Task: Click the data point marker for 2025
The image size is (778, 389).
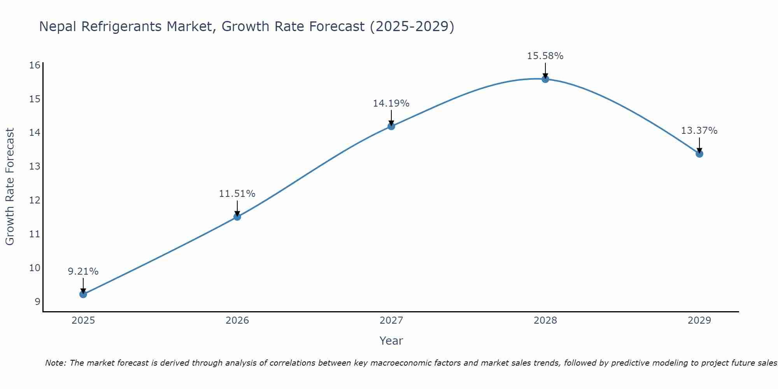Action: coord(83,294)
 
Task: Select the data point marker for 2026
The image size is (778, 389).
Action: coord(237,217)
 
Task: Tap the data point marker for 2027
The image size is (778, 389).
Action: coord(391,126)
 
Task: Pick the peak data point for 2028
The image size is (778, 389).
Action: coord(545,79)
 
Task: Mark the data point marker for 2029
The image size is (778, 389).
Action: coord(699,154)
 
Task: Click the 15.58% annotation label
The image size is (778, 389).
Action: coord(545,56)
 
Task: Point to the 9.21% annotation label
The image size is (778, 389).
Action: coord(83,272)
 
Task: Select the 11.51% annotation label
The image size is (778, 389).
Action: coord(237,194)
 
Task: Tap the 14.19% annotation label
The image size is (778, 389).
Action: coord(391,103)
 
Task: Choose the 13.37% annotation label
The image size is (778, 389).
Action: coord(699,131)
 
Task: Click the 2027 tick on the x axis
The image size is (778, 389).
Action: coord(391,321)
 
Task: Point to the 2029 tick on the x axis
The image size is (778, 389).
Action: coord(699,321)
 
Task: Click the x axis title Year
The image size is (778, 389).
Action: coord(391,341)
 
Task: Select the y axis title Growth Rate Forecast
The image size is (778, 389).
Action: coord(10,187)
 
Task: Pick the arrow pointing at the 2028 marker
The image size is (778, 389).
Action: coord(545,70)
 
